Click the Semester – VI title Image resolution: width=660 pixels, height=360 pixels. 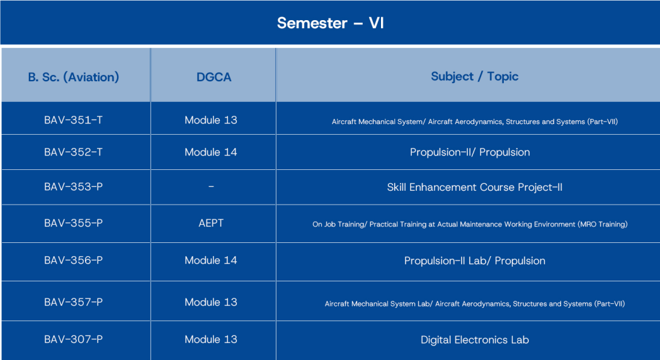pos(331,23)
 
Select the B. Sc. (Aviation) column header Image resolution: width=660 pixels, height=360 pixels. pos(74,77)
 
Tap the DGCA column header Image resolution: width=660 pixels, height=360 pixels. pos(214,77)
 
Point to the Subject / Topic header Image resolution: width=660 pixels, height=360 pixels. pos(474,77)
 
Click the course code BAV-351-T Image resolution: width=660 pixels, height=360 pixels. pos(73,120)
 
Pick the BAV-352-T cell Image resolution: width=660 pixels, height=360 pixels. pos(73,152)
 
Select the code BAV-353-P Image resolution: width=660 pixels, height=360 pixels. pos(73,187)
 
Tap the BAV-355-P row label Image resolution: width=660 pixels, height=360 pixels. pos(73,223)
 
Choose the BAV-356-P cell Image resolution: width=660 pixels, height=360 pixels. pos(73,261)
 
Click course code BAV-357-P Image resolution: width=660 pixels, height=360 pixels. pos(73,302)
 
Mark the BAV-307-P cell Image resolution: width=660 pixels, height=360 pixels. pos(73,339)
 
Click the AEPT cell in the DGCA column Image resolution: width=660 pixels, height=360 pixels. pos(211,223)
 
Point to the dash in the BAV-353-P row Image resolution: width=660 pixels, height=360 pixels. pos(211,186)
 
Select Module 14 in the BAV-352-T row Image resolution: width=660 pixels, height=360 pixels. pos(211,152)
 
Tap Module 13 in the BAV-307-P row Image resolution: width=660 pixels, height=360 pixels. pos(211,339)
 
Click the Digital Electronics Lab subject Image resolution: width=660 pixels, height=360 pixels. pos(475,340)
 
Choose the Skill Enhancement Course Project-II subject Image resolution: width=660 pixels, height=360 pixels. pos(475,187)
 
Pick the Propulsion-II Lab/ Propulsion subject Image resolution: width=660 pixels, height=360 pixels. pos(475,261)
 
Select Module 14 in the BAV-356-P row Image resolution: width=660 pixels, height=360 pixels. pos(211,261)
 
